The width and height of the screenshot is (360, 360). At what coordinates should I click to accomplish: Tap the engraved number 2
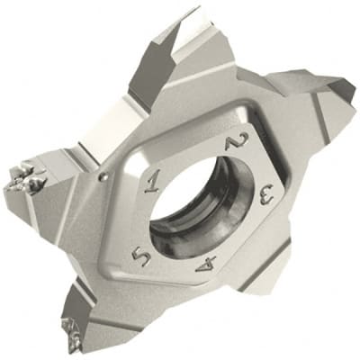(x=238, y=143)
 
